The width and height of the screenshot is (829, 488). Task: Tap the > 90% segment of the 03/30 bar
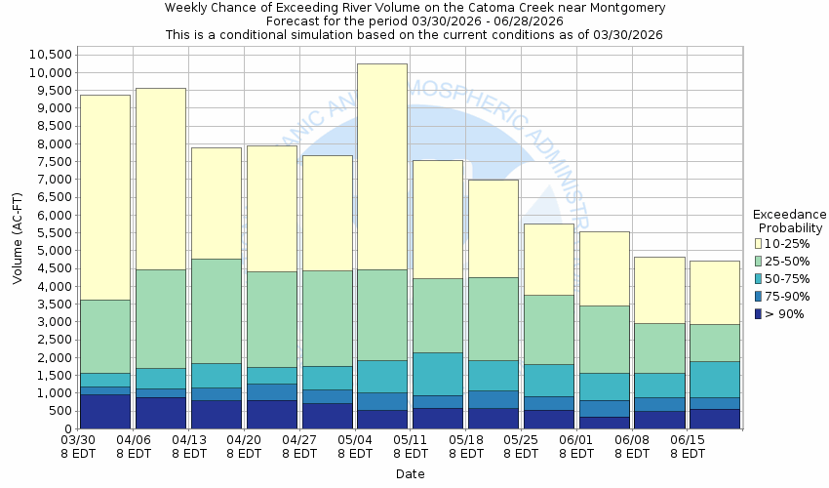click(104, 411)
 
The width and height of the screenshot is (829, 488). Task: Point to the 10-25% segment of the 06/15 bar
click(715, 292)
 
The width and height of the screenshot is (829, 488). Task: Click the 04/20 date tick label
click(244, 446)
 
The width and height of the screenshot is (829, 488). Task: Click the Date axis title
click(410, 474)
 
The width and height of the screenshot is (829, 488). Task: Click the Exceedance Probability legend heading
click(790, 221)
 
